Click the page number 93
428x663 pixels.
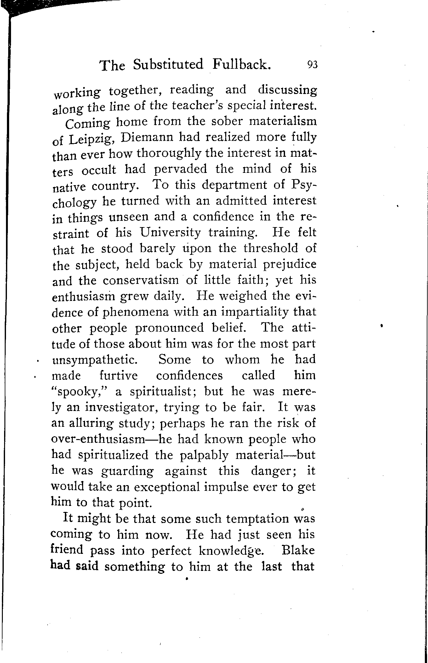[313, 65]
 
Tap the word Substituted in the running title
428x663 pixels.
[168, 64]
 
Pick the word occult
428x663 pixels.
[99, 170]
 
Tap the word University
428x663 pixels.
[170, 233]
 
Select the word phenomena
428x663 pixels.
[136, 313]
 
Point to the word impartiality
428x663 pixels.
[252, 313]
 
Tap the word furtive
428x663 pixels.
[119, 376]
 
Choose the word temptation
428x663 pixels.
[244, 519]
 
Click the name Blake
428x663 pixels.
[298, 550]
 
